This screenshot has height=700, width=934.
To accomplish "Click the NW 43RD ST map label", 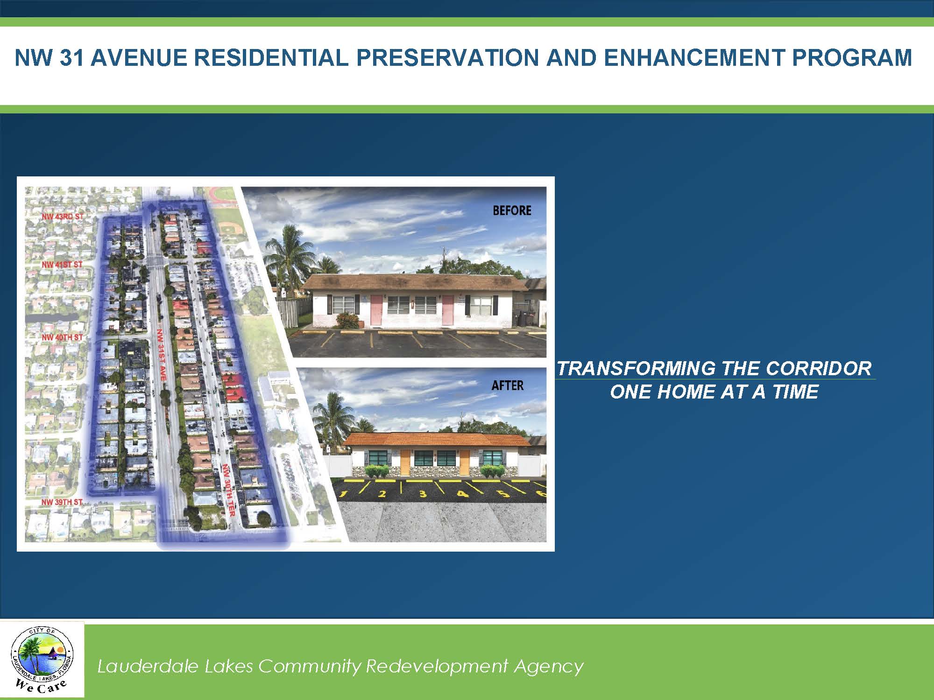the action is (62, 217).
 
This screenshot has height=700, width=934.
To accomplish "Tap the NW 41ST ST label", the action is (62, 265).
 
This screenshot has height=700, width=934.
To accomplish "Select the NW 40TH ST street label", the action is (62, 337).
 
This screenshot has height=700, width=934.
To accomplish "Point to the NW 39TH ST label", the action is (62, 502).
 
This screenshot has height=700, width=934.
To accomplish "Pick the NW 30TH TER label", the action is (227, 490).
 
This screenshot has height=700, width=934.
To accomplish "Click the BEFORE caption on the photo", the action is (512, 210).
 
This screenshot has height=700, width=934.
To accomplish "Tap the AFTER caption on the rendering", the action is (508, 385).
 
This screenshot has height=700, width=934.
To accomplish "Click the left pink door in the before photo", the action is (376, 310).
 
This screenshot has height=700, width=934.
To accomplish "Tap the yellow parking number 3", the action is (423, 494).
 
